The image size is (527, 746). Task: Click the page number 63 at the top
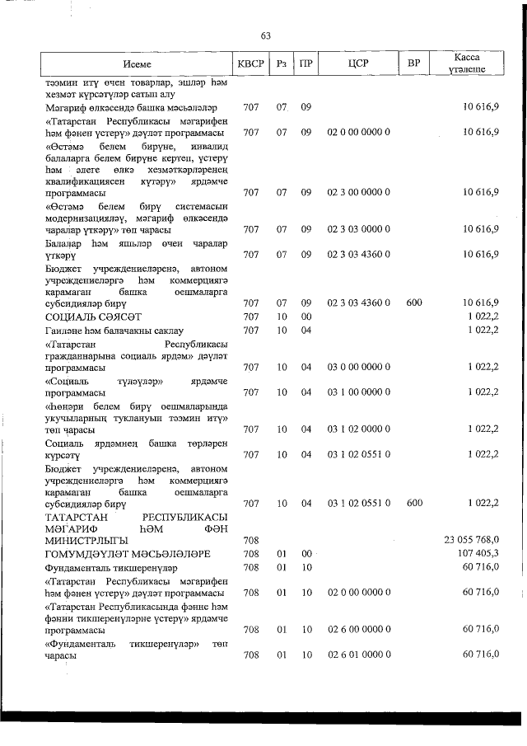(x=265, y=35)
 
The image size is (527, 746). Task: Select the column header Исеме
(x=137, y=63)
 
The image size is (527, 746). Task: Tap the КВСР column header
(x=251, y=63)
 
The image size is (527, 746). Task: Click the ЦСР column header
(x=358, y=63)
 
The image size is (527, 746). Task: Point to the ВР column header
(x=414, y=63)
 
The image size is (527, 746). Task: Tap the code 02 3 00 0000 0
(x=358, y=193)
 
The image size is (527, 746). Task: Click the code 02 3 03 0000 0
(x=358, y=228)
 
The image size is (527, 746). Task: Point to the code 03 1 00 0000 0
(x=358, y=393)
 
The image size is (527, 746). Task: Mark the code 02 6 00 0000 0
(x=358, y=630)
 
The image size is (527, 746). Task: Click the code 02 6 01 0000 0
(x=358, y=655)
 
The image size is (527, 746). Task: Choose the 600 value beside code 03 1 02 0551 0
(x=414, y=503)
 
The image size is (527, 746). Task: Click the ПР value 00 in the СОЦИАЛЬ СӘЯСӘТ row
(x=305, y=317)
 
